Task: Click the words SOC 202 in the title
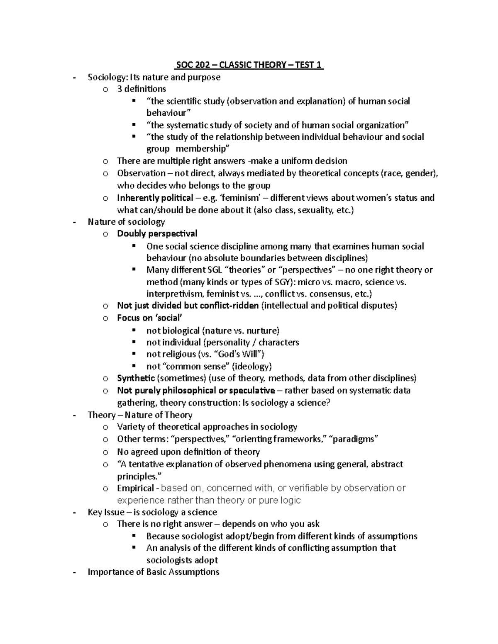pos(191,65)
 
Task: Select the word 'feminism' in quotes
pos(238,198)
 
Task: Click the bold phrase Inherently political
pos(155,198)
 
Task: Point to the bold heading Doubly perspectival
pos(157,234)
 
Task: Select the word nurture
pos(262,331)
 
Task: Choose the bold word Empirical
pos(136,488)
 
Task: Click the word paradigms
pos(354,439)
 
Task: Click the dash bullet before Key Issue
pos(74,512)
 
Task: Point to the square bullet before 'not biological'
pos(134,330)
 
